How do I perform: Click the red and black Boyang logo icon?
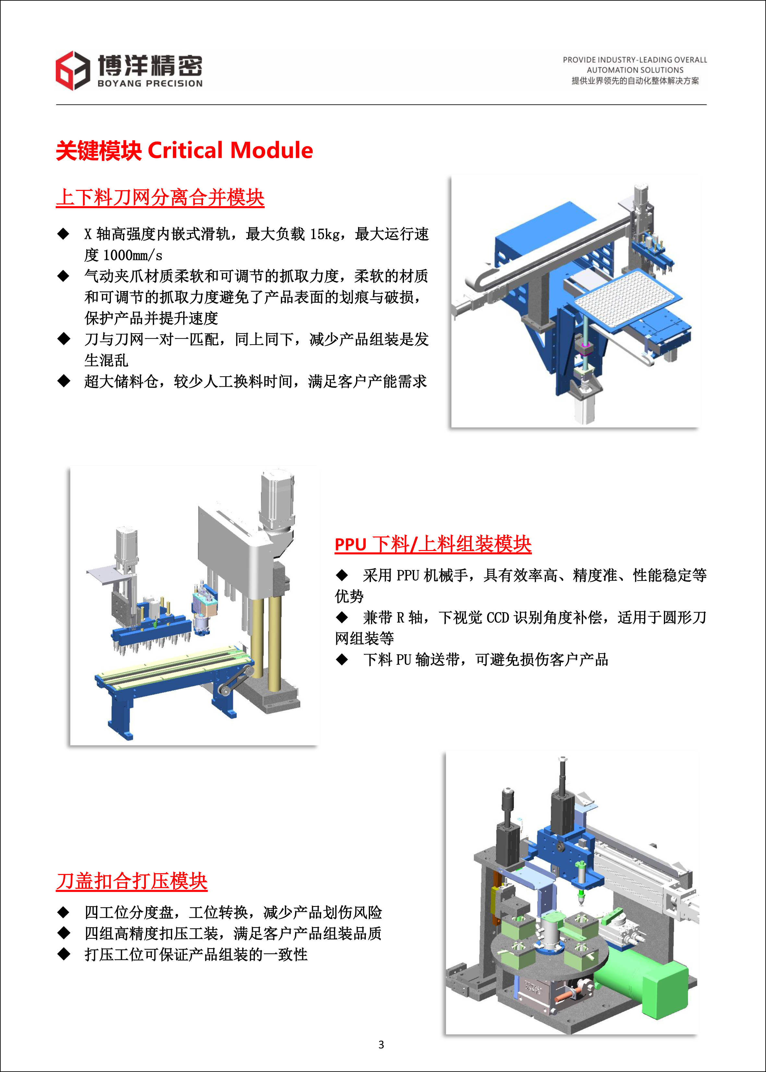click(73, 70)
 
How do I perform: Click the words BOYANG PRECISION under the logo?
click(150, 83)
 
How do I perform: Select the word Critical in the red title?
click(186, 150)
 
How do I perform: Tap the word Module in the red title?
click(272, 150)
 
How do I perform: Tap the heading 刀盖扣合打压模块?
click(132, 881)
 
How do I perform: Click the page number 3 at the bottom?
click(381, 1045)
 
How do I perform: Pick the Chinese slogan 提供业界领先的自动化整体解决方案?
click(635, 81)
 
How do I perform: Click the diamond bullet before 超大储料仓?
click(63, 381)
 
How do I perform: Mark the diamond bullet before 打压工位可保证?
click(63, 954)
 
